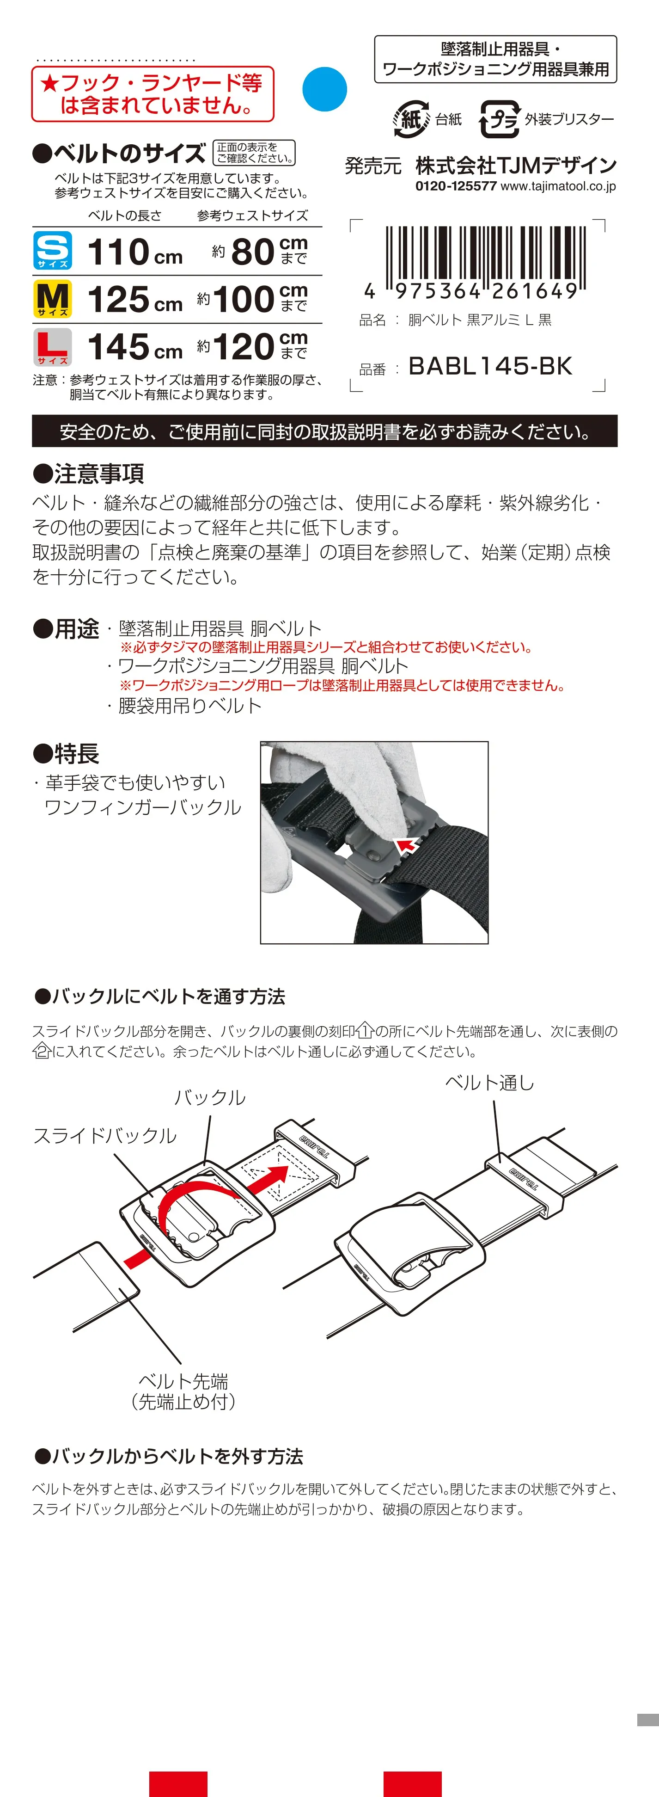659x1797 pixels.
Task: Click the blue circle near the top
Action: pos(324,89)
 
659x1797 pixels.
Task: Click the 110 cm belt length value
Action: pos(134,252)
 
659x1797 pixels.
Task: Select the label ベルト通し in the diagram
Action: pos(489,1083)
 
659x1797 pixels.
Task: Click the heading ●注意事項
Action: pos(89,474)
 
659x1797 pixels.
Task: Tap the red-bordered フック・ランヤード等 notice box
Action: pos(153,94)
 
